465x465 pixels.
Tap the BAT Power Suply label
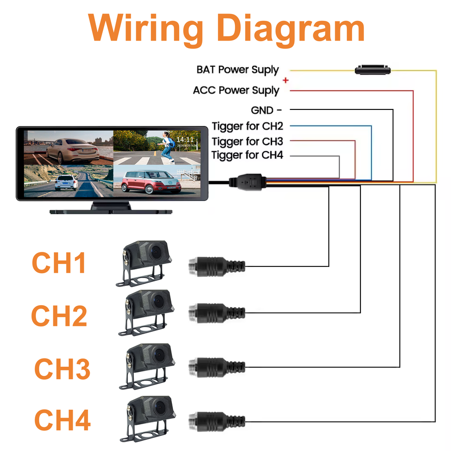[237, 70]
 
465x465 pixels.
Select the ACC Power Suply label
[236, 91]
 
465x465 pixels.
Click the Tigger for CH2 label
[247, 126]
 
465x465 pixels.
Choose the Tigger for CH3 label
[247, 141]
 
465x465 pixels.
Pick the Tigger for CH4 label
[247, 155]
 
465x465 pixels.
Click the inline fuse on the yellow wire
[372, 70]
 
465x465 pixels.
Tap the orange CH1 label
[59, 263]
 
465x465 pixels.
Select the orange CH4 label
[62, 420]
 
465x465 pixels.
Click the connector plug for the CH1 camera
[216, 265]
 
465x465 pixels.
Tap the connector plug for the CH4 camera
[216, 419]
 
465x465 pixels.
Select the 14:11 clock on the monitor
[184, 140]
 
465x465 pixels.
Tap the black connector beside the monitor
[247, 182]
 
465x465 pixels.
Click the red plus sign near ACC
[286, 80]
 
